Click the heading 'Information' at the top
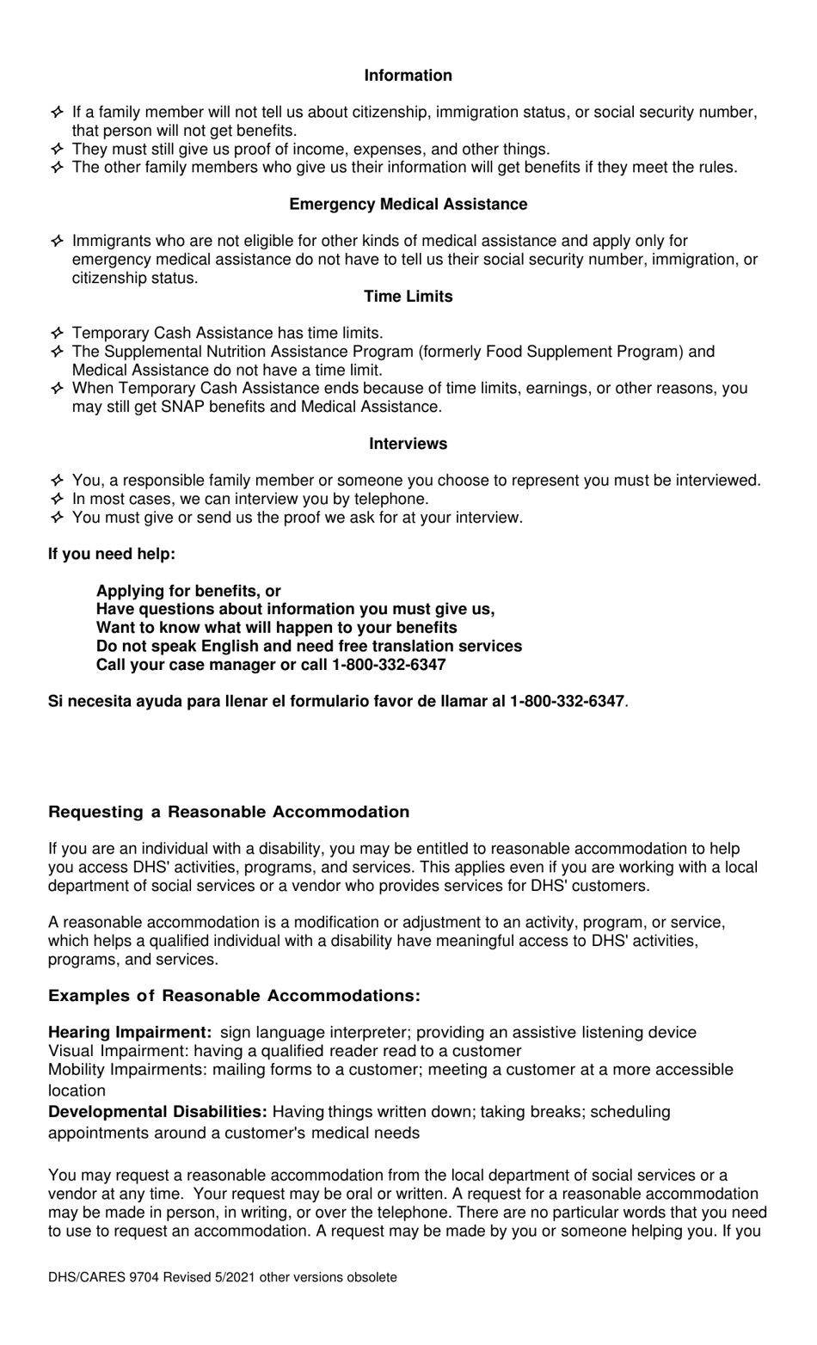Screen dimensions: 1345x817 [x=408, y=76]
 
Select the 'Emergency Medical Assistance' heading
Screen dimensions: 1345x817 [x=408, y=205]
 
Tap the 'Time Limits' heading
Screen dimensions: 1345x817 [x=408, y=297]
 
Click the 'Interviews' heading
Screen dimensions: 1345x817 [x=408, y=444]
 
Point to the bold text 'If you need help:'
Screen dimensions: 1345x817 [x=112, y=554]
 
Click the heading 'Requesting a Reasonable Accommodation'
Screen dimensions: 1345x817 [x=229, y=812]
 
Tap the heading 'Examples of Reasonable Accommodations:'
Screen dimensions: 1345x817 [x=234, y=996]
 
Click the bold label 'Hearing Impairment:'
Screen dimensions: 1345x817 [x=130, y=1032]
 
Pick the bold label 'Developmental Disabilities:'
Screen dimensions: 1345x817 [x=157, y=1112]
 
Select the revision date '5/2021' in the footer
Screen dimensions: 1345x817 [x=233, y=1277]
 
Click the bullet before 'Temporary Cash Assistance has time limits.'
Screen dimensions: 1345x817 [x=57, y=333]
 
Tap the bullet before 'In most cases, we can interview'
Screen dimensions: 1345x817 [x=57, y=499]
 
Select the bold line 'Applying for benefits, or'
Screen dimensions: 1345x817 [x=188, y=591]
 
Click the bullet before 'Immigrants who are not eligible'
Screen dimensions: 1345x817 [x=57, y=241]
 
